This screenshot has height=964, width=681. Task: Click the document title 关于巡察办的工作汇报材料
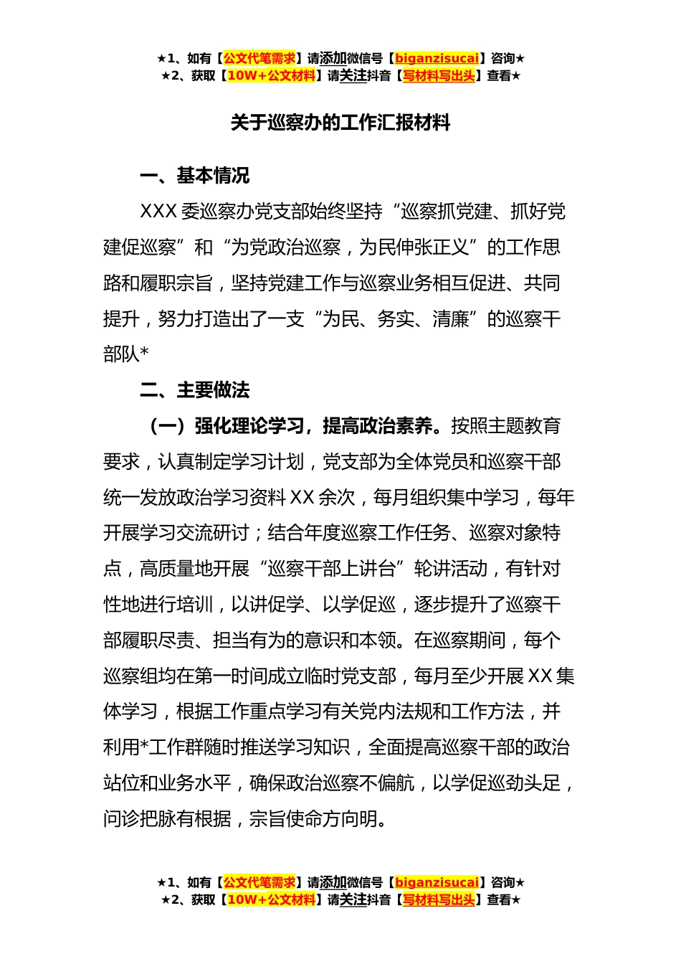point(340,123)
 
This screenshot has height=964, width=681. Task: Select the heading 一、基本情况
point(194,176)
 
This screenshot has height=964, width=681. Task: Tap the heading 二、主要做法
point(194,390)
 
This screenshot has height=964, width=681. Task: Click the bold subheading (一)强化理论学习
point(227,426)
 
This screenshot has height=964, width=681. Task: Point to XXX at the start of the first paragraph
point(158,212)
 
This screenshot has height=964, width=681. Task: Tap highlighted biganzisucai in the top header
point(437,58)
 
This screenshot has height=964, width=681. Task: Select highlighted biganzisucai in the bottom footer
point(437,882)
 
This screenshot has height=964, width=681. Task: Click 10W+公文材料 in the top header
point(271,75)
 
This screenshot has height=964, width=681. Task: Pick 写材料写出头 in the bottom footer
point(439,899)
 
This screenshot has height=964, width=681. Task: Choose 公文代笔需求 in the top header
point(259,58)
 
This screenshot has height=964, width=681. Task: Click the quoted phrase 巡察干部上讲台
point(332,569)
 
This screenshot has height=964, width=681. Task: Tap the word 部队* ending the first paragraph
point(126,354)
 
